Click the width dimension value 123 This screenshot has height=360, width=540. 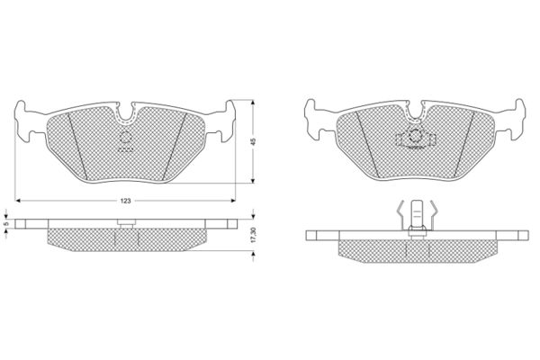126,201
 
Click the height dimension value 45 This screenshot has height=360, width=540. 254,141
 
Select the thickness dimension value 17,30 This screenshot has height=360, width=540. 254,235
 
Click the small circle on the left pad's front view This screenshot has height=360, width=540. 125,137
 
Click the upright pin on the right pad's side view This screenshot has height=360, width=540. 417,219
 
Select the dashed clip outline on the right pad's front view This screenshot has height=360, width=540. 416,139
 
